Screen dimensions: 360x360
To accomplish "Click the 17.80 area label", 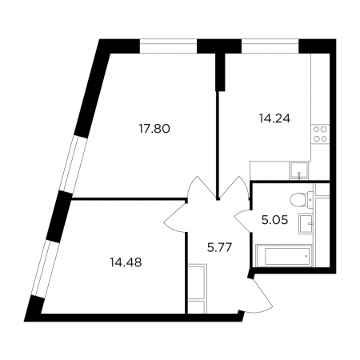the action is pos(154,129).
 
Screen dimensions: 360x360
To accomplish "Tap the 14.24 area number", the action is pos(274,118).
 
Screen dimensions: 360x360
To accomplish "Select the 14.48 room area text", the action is pos(126,262).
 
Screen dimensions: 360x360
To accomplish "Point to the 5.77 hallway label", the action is pos(218,247).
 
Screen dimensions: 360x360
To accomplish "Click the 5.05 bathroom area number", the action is pos(274,220).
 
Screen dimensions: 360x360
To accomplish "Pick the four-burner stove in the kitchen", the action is pos(320,134).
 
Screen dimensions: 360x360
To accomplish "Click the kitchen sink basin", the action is pos(299,170).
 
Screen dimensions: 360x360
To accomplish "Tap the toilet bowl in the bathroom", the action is pos(301,199).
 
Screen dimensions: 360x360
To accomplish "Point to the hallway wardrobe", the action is pos(198,288).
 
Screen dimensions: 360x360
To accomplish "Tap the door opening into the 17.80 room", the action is pos(202,187).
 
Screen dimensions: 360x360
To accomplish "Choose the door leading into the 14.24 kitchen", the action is pos(234,187).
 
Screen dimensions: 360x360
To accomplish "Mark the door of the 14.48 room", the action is pos(175,216).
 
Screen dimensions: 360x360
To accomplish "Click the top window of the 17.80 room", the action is pos(168,46).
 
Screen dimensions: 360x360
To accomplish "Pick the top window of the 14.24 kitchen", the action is pos(270,46).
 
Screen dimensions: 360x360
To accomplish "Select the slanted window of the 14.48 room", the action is pos(46,268).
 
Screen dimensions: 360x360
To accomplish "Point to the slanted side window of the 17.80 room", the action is pos(73,163).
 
